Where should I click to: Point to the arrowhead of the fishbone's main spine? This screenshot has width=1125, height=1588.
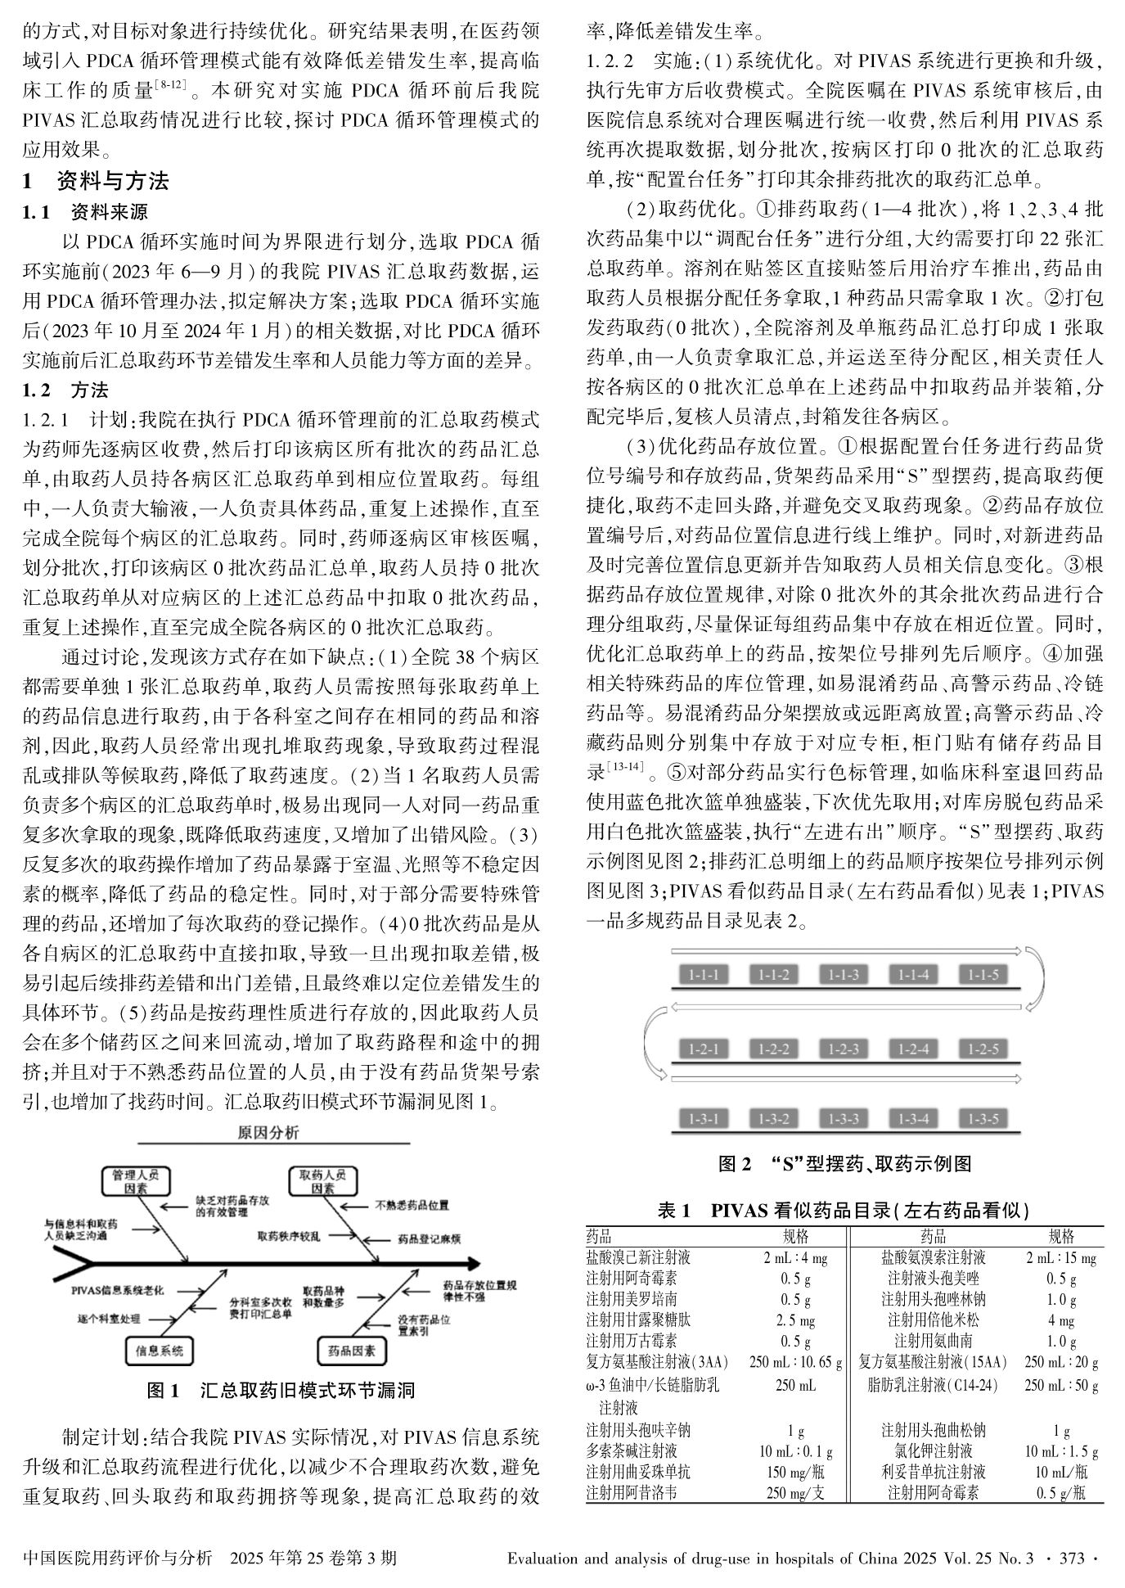472,1263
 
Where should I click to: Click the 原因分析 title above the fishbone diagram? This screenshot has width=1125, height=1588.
268,1132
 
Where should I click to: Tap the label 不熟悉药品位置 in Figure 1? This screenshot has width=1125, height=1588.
412,1205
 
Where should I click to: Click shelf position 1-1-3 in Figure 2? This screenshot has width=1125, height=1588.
844,974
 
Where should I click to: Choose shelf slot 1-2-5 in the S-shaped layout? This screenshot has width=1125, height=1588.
983,1049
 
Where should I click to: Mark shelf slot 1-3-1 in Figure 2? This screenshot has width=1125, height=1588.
704,1118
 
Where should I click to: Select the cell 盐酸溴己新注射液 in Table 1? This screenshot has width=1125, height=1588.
638,1257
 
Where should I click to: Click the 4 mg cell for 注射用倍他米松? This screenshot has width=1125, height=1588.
1061,1320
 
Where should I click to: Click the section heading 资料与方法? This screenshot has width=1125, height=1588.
113,181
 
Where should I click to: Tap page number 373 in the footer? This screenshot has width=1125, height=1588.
1071,1558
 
